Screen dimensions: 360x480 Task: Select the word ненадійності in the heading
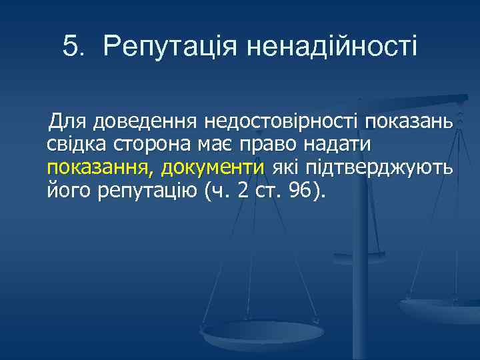click(x=331, y=47)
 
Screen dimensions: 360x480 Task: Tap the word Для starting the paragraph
click(x=67, y=122)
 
